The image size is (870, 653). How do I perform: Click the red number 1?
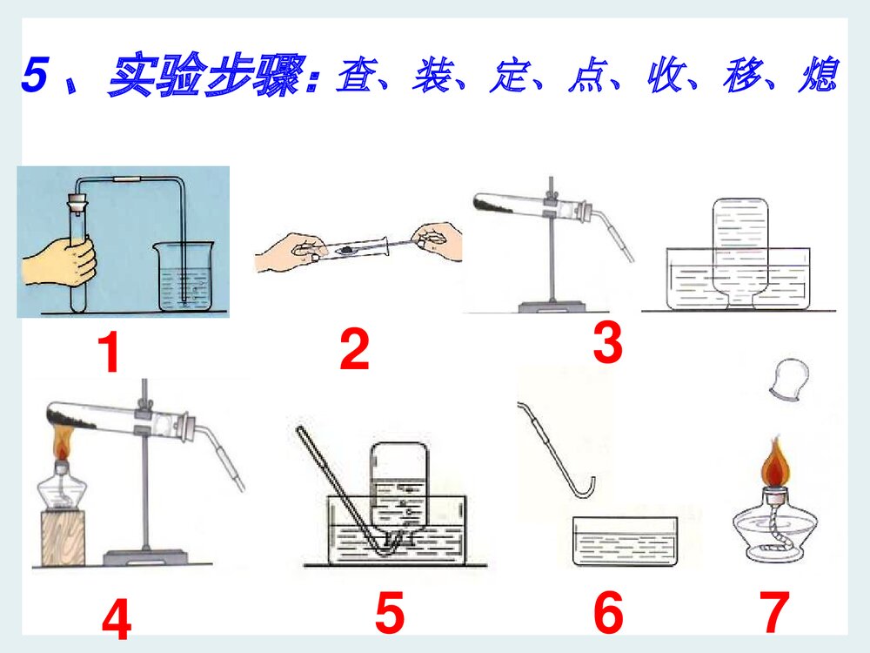tap(108, 355)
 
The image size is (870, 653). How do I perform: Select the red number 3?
tap(608, 344)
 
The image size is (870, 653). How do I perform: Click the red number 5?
tap(390, 614)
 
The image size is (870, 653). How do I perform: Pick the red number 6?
tap(608, 614)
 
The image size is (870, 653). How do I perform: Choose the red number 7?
tap(774, 614)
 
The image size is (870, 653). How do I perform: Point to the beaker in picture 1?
tap(184, 277)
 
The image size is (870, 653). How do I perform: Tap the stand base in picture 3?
tap(551, 306)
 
